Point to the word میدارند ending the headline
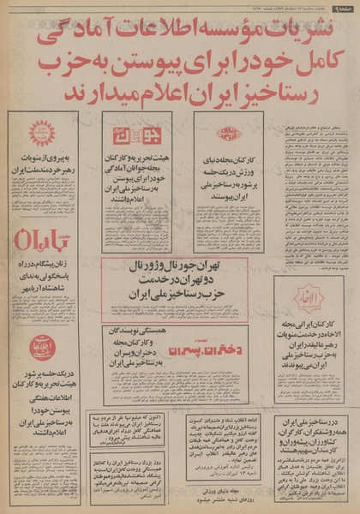point(91,90)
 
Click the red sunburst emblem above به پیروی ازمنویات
point(41,133)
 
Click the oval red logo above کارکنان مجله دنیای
point(225,134)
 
